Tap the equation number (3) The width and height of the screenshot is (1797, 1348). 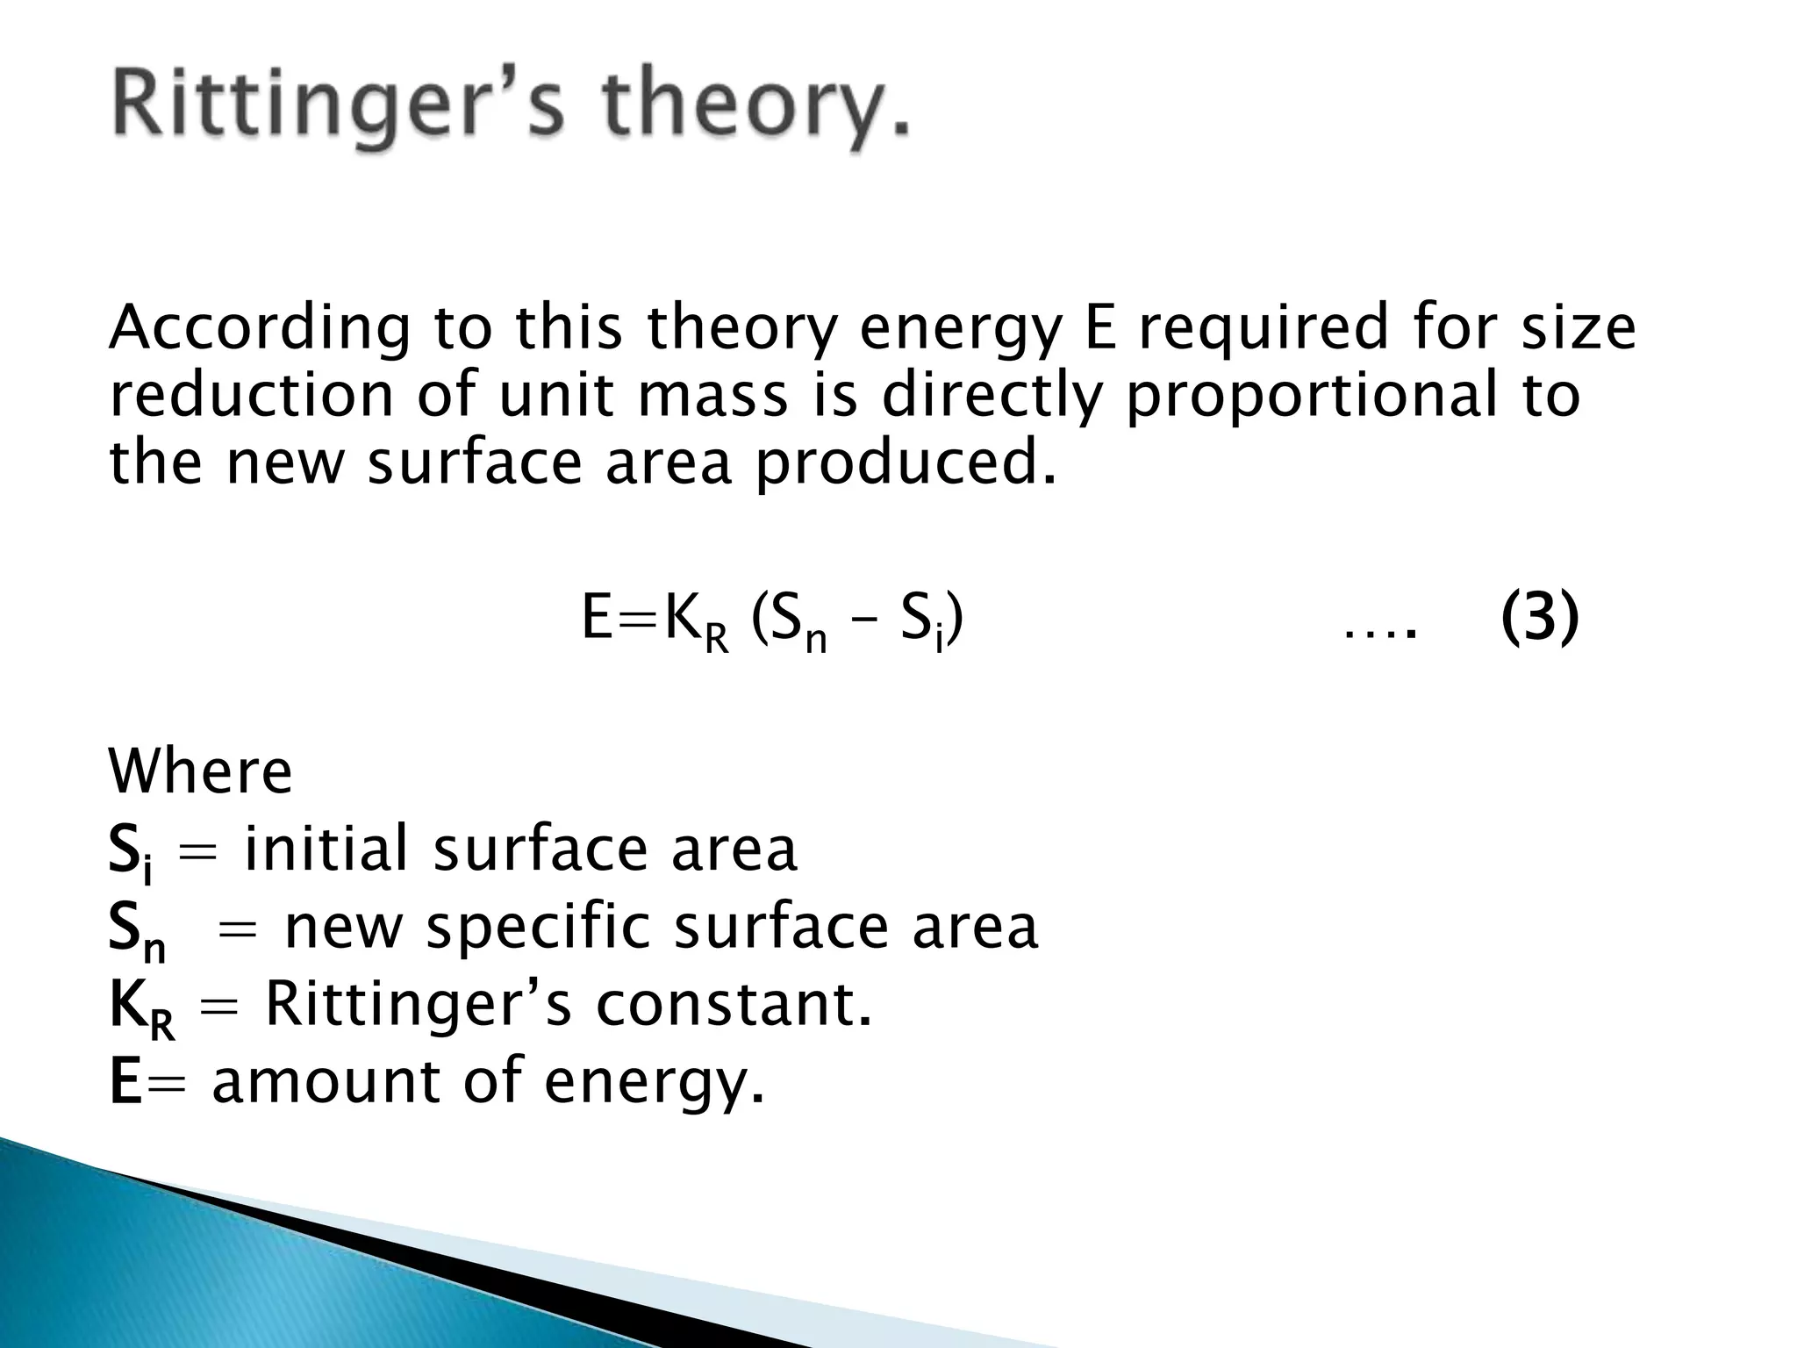click(1540, 618)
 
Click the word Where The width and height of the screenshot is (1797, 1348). click(200, 772)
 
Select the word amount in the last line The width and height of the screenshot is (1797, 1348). click(326, 1081)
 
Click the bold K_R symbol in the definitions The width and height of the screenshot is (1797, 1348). click(140, 1010)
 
